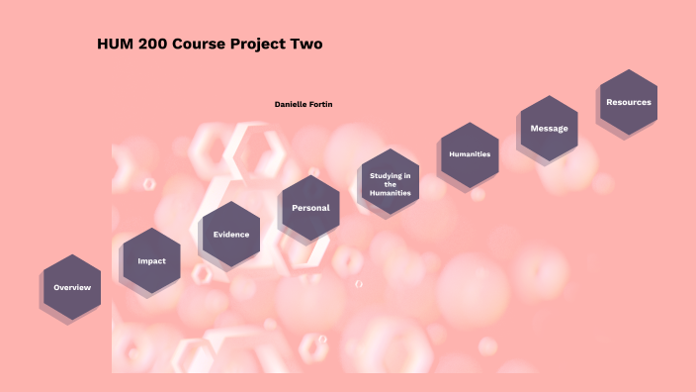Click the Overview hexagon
pyautogui.click(x=72, y=287)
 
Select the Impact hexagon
pyautogui.click(x=152, y=261)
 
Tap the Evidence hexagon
pyautogui.click(x=231, y=235)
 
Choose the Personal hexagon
pyautogui.click(x=310, y=208)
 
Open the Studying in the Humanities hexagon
pyautogui.click(x=391, y=181)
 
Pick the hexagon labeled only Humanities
pyautogui.click(x=470, y=154)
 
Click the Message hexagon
pyautogui.click(x=549, y=129)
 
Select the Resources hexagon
pyautogui.click(x=629, y=102)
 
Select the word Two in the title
pyautogui.click(x=306, y=44)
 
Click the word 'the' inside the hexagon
pyautogui.click(x=391, y=184)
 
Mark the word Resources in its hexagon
pyautogui.click(x=629, y=102)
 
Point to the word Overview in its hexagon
pyautogui.click(x=72, y=287)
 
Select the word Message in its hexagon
pyautogui.click(x=549, y=129)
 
